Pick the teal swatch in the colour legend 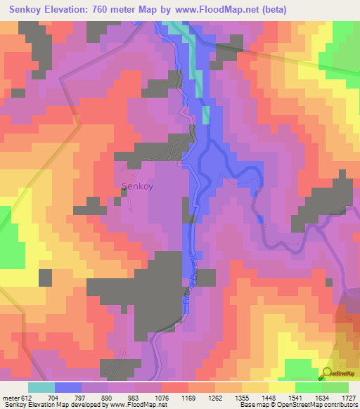(x=41, y=387)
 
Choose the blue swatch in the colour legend (x=68, y=387)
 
